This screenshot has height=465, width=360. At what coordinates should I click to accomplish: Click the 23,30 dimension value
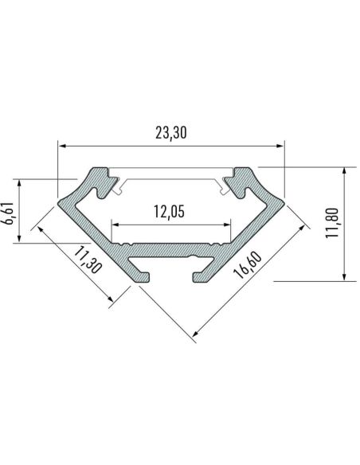point(170,134)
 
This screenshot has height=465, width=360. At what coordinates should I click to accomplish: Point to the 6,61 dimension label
point(9,213)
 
